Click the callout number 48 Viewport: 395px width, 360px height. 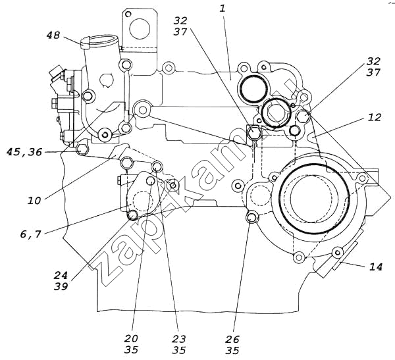53,35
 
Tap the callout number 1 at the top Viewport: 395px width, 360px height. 223,9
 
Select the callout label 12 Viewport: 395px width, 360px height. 375,117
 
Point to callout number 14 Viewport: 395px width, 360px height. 376,267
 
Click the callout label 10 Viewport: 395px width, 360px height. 34,201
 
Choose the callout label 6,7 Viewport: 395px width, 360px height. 30,234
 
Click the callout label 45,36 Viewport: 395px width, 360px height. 24,152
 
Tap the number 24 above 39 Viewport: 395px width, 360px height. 61,275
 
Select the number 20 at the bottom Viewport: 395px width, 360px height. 131,338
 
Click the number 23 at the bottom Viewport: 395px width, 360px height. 179,339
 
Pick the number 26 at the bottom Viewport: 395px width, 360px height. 232,340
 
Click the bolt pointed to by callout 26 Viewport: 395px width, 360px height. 251,218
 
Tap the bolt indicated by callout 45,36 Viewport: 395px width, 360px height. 82,149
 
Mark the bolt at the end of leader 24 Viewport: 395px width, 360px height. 132,215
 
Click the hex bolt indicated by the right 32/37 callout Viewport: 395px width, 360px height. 303,116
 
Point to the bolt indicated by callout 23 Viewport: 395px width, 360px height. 157,167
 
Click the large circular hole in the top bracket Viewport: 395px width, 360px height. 140,28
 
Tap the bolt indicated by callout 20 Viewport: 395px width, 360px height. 151,180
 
